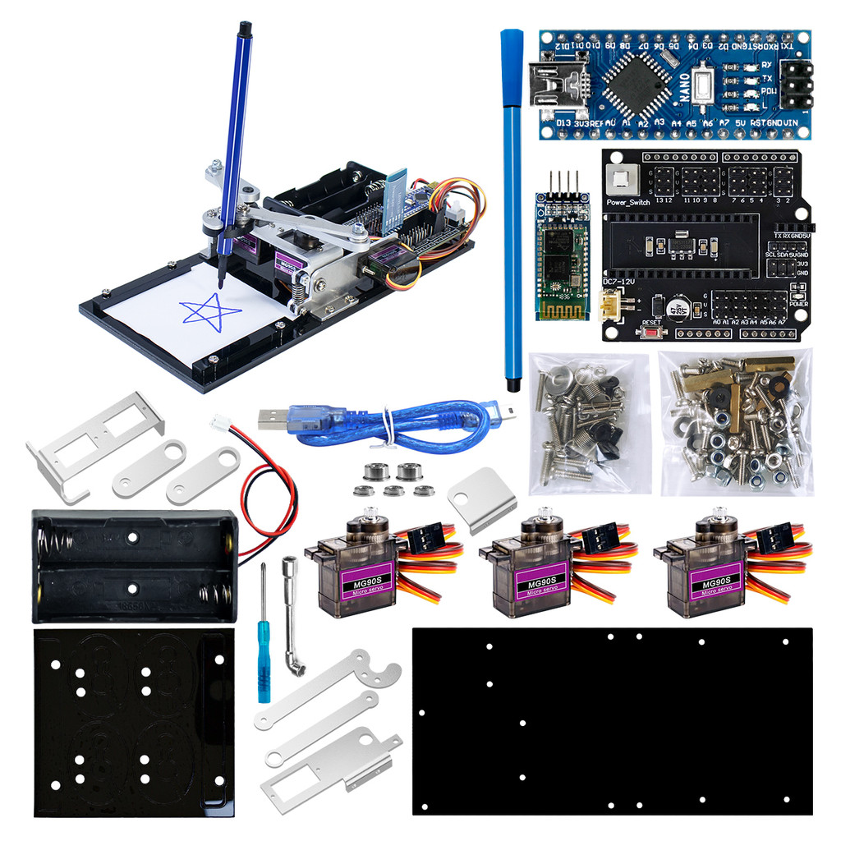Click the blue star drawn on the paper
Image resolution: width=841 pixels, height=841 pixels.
coord(210,311)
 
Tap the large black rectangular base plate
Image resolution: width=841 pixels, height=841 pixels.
coord(612,723)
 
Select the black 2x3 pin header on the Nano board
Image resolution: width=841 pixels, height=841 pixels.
coord(795,85)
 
